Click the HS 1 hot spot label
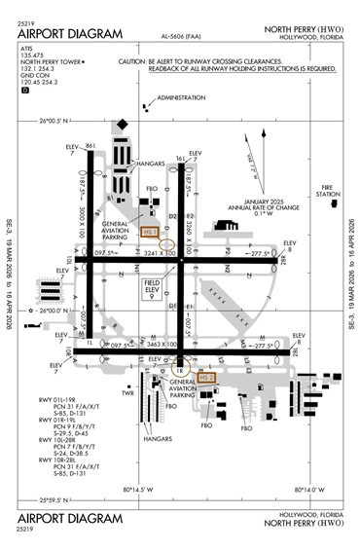[x=149, y=232]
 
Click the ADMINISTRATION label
[x=181, y=97]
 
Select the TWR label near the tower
[x=126, y=392]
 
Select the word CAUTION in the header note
[x=137, y=60]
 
